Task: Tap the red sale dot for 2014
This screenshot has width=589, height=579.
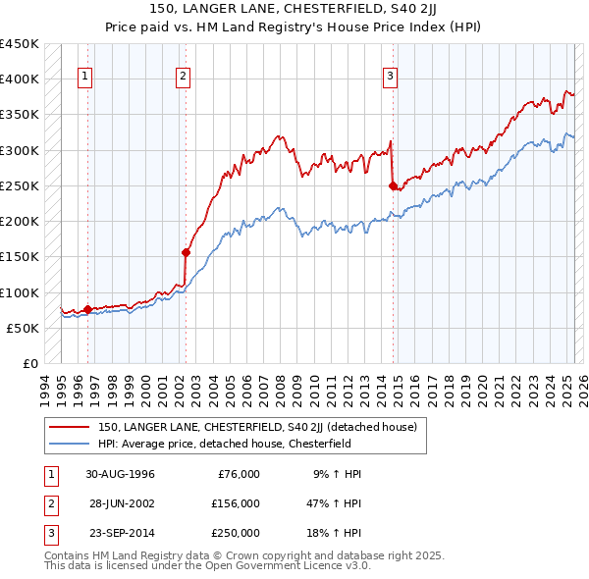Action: coord(393,185)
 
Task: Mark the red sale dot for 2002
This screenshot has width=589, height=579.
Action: coord(186,252)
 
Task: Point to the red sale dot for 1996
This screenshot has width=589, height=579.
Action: coord(87,309)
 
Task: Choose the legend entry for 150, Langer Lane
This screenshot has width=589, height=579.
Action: coord(257,427)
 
